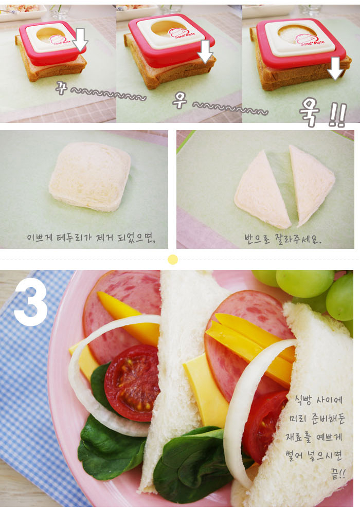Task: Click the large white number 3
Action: click(x=31, y=302)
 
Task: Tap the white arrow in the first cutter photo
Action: click(x=80, y=40)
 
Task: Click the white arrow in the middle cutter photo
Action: click(x=205, y=51)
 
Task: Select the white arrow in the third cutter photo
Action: click(x=335, y=68)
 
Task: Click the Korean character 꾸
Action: click(x=61, y=87)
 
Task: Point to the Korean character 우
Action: click(x=179, y=100)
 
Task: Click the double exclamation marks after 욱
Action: click(x=337, y=115)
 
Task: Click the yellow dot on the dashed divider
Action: click(x=173, y=259)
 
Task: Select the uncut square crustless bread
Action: click(x=90, y=176)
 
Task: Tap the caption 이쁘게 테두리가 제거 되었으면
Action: click(x=91, y=238)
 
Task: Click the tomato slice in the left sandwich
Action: click(x=133, y=383)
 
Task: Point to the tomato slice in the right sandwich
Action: click(x=264, y=426)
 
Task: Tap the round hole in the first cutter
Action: click(x=51, y=33)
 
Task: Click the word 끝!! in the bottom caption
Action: click(x=338, y=474)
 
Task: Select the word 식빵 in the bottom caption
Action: click(x=302, y=400)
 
